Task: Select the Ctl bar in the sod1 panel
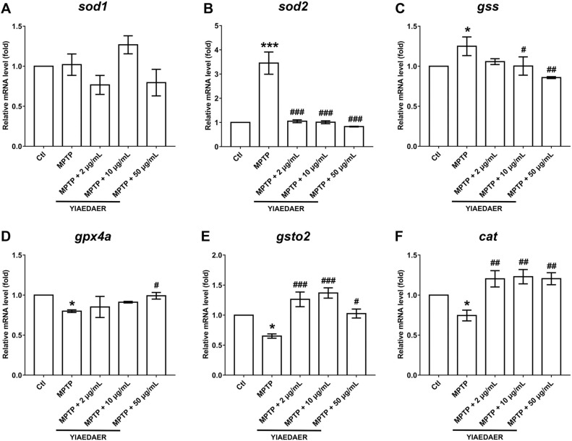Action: coord(43,106)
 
